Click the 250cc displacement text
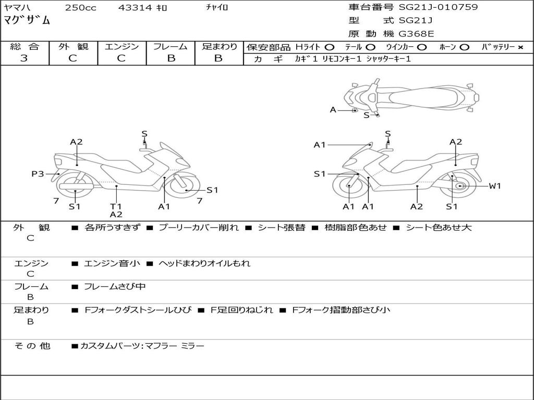[x=80, y=8]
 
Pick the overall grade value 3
[x=24, y=58]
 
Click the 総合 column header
[x=25, y=46]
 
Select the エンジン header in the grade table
[x=122, y=46]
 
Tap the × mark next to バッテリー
[x=520, y=47]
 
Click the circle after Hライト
[x=330, y=47]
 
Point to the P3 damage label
[x=38, y=174]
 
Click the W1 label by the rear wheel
[x=494, y=185]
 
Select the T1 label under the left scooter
[x=116, y=206]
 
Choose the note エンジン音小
[x=112, y=264]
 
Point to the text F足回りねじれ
[x=241, y=310]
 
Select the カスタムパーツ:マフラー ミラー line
[x=142, y=346]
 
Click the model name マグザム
[x=28, y=21]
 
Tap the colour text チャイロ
[x=217, y=7]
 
